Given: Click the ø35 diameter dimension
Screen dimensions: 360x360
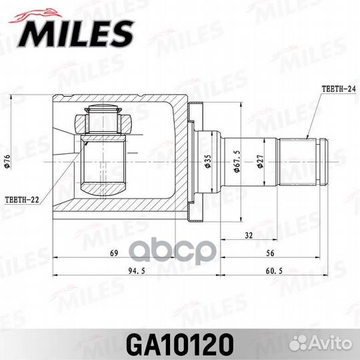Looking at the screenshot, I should tap(209, 161).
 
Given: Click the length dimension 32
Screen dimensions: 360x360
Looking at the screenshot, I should tap(249, 235).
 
